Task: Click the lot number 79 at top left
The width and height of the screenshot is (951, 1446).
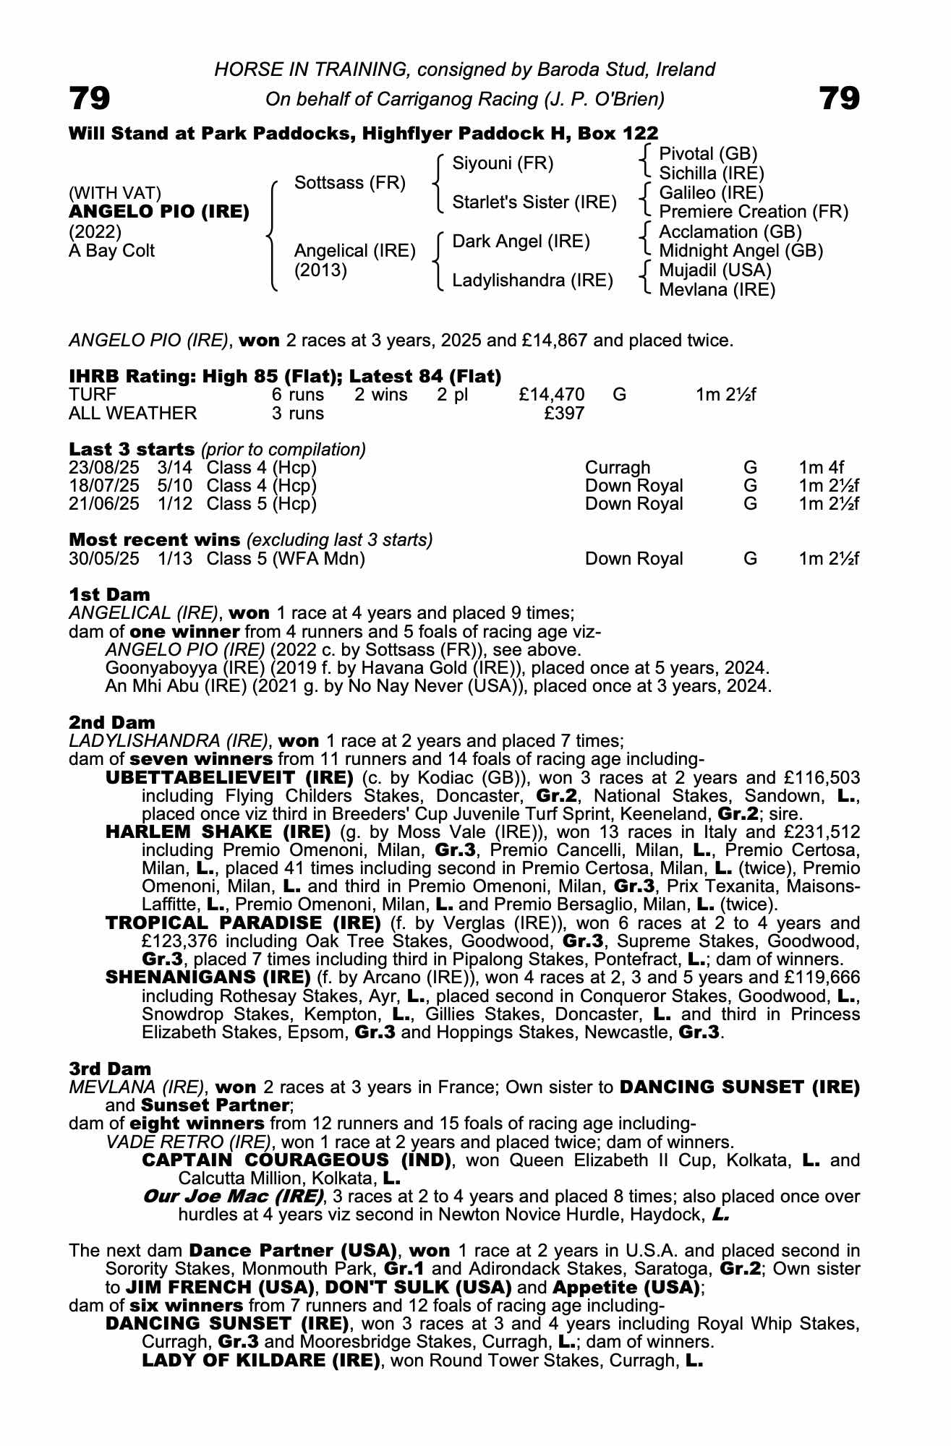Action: [x=90, y=98]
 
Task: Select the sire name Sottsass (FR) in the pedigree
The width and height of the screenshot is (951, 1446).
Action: [x=350, y=183]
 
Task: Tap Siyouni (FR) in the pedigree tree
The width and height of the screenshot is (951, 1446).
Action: [x=503, y=163]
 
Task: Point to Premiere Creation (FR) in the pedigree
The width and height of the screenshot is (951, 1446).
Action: [x=754, y=212]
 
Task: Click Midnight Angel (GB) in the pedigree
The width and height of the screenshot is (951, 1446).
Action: [x=741, y=251]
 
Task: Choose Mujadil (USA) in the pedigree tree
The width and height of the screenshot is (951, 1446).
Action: [x=715, y=270]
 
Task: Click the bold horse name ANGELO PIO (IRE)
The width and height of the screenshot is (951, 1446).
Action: [x=159, y=212]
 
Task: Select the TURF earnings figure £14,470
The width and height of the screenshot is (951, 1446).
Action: [x=552, y=395]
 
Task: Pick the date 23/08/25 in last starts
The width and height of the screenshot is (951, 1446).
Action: [x=104, y=468]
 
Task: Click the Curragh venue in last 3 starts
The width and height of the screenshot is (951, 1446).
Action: [x=618, y=468]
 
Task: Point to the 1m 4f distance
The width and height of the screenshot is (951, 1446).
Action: [x=822, y=468]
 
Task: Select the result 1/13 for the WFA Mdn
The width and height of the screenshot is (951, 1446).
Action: [x=175, y=559]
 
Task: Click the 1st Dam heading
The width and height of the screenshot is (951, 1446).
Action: [x=110, y=594]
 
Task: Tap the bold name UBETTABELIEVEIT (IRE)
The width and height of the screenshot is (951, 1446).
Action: [x=229, y=778]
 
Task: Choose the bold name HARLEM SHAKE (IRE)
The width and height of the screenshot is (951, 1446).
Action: [x=218, y=831]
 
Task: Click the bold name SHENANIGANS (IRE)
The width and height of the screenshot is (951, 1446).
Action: [x=208, y=977]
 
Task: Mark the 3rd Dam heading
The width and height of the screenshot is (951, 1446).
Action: [x=111, y=1069]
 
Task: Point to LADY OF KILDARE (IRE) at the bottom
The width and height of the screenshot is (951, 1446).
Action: [x=261, y=1360]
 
